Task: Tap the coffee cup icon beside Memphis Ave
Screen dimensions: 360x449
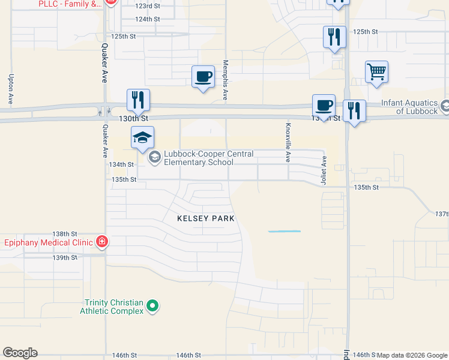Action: coord(203,77)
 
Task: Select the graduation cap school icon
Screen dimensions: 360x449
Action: coord(143,138)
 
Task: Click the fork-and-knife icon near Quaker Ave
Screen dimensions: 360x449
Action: coord(138,100)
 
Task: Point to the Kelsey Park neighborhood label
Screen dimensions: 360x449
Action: coord(205,218)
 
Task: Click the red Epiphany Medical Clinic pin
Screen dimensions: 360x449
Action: coord(102,242)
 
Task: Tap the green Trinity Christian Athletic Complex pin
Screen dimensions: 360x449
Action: coord(153,306)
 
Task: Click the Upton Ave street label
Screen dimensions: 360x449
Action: coord(11,86)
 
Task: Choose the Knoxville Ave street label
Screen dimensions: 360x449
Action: coord(288,143)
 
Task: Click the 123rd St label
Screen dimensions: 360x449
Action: coord(147,6)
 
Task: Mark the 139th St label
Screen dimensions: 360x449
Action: coord(65,257)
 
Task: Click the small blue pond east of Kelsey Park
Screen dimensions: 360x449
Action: coord(284,232)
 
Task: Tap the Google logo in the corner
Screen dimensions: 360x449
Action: coord(20,353)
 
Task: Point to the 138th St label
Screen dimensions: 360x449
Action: coord(65,234)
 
